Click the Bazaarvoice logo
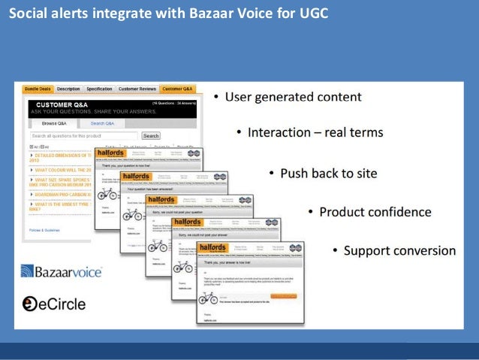[62, 271]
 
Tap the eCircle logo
[53, 304]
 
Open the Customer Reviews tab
[137, 89]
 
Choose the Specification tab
[99, 89]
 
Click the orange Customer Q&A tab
[179, 89]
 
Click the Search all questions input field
[85, 136]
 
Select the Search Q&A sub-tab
[102, 123]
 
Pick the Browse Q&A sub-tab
[55, 123]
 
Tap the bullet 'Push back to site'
[328, 173]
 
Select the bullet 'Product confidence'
[375, 212]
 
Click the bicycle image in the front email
[207, 298]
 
